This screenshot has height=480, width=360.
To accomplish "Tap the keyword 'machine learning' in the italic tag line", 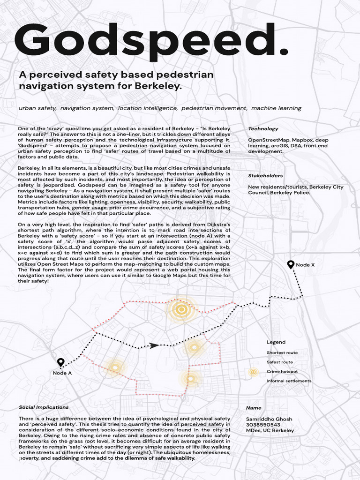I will point(276,108).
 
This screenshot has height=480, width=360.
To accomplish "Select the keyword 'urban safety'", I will point(37,108).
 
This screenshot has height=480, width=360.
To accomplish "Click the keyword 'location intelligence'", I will point(148,108).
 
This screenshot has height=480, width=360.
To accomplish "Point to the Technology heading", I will point(263,128).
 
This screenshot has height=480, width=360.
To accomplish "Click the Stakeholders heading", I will point(265,176).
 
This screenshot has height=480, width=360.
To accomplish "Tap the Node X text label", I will point(305,265).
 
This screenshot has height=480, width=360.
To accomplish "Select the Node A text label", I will point(62,374).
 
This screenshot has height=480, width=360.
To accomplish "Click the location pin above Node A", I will point(60,362).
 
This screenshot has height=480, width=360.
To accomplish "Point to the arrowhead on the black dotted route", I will point(153,345).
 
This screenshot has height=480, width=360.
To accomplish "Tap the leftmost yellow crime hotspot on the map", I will point(113,366).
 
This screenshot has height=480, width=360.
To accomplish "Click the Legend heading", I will point(276,342).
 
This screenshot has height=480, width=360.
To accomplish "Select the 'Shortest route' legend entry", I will point(282,352).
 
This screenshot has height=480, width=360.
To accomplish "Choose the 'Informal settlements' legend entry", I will point(289,381).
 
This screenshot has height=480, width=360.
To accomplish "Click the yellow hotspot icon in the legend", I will point(253,372).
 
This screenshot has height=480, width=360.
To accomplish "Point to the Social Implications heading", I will point(44,407).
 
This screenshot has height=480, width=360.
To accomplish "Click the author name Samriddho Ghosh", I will point(270,419).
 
